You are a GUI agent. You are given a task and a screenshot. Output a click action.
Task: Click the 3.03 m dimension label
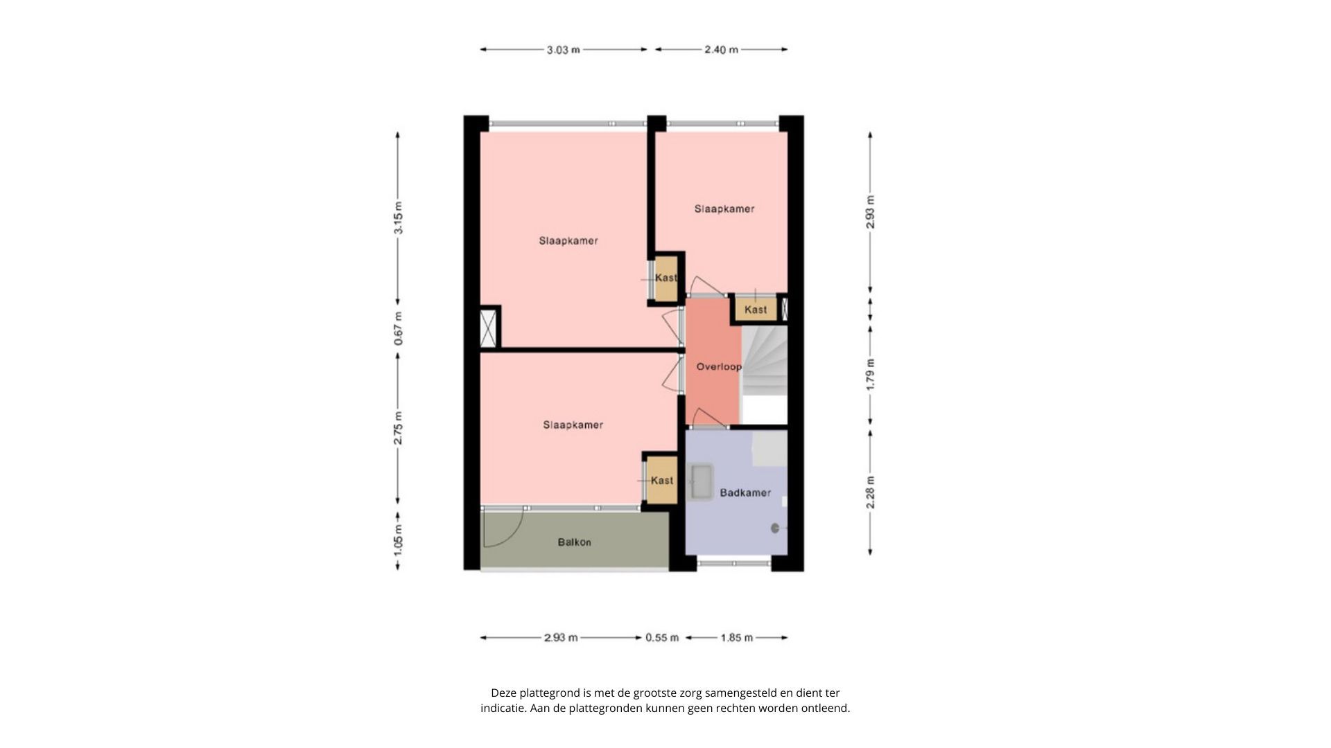563,50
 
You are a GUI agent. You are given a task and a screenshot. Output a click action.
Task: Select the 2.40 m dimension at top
721,50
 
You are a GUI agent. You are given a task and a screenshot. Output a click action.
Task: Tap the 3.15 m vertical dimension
399,217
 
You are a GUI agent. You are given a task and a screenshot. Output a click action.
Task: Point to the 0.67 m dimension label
399,329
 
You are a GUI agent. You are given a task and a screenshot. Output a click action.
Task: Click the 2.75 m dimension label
399,428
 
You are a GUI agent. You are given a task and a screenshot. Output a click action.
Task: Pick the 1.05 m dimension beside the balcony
399,541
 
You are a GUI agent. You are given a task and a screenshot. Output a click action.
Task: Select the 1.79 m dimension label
871,374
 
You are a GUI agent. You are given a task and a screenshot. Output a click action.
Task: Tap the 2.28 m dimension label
871,492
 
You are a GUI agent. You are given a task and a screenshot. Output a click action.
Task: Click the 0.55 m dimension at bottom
662,638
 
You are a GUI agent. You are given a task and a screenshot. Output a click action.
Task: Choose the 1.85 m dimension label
736,638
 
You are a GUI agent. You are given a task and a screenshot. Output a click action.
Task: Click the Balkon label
574,542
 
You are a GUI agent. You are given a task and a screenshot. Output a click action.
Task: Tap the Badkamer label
745,493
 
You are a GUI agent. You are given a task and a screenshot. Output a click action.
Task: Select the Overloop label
719,367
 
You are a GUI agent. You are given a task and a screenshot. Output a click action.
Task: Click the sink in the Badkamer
702,481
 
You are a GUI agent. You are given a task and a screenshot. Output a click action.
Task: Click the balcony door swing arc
505,530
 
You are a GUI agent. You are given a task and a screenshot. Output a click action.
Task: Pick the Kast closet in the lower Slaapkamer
661,480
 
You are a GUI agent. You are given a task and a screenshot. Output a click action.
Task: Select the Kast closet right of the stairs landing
756,310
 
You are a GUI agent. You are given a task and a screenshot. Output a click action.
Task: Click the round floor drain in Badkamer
775,528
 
